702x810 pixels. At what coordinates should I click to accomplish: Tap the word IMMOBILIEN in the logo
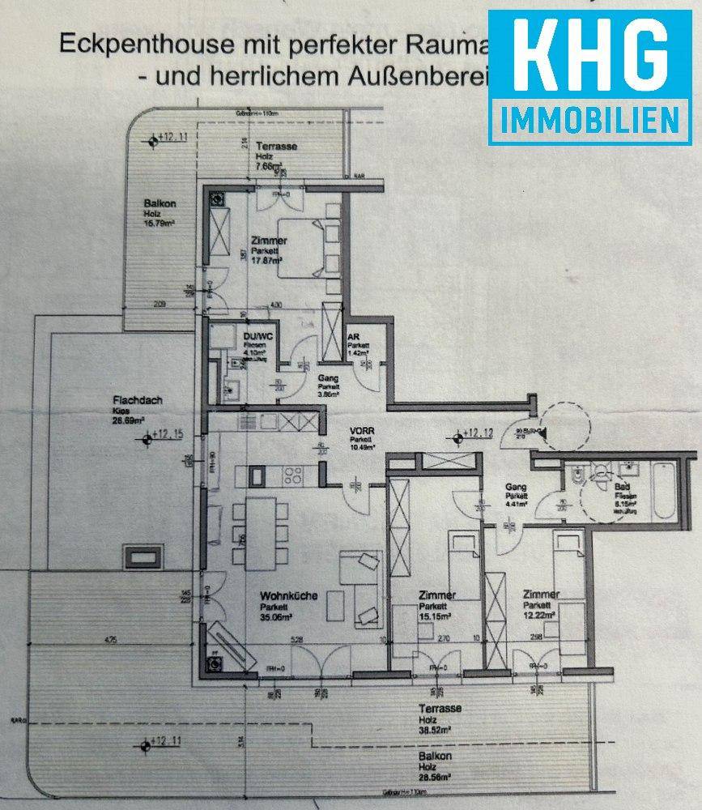click(589, 121)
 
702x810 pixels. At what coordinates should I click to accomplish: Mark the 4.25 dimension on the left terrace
click(111, 641)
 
